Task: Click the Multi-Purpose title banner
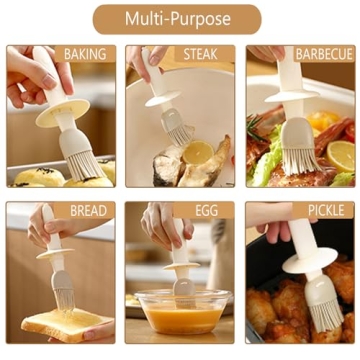coord(177,19)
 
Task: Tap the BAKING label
coord(84,54)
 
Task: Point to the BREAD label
coord(88,211)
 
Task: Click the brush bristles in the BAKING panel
coord(81,161)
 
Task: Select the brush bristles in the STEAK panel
coord(179,131)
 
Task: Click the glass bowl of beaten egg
coord(180,312)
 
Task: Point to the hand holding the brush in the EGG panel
coord(163,228)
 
